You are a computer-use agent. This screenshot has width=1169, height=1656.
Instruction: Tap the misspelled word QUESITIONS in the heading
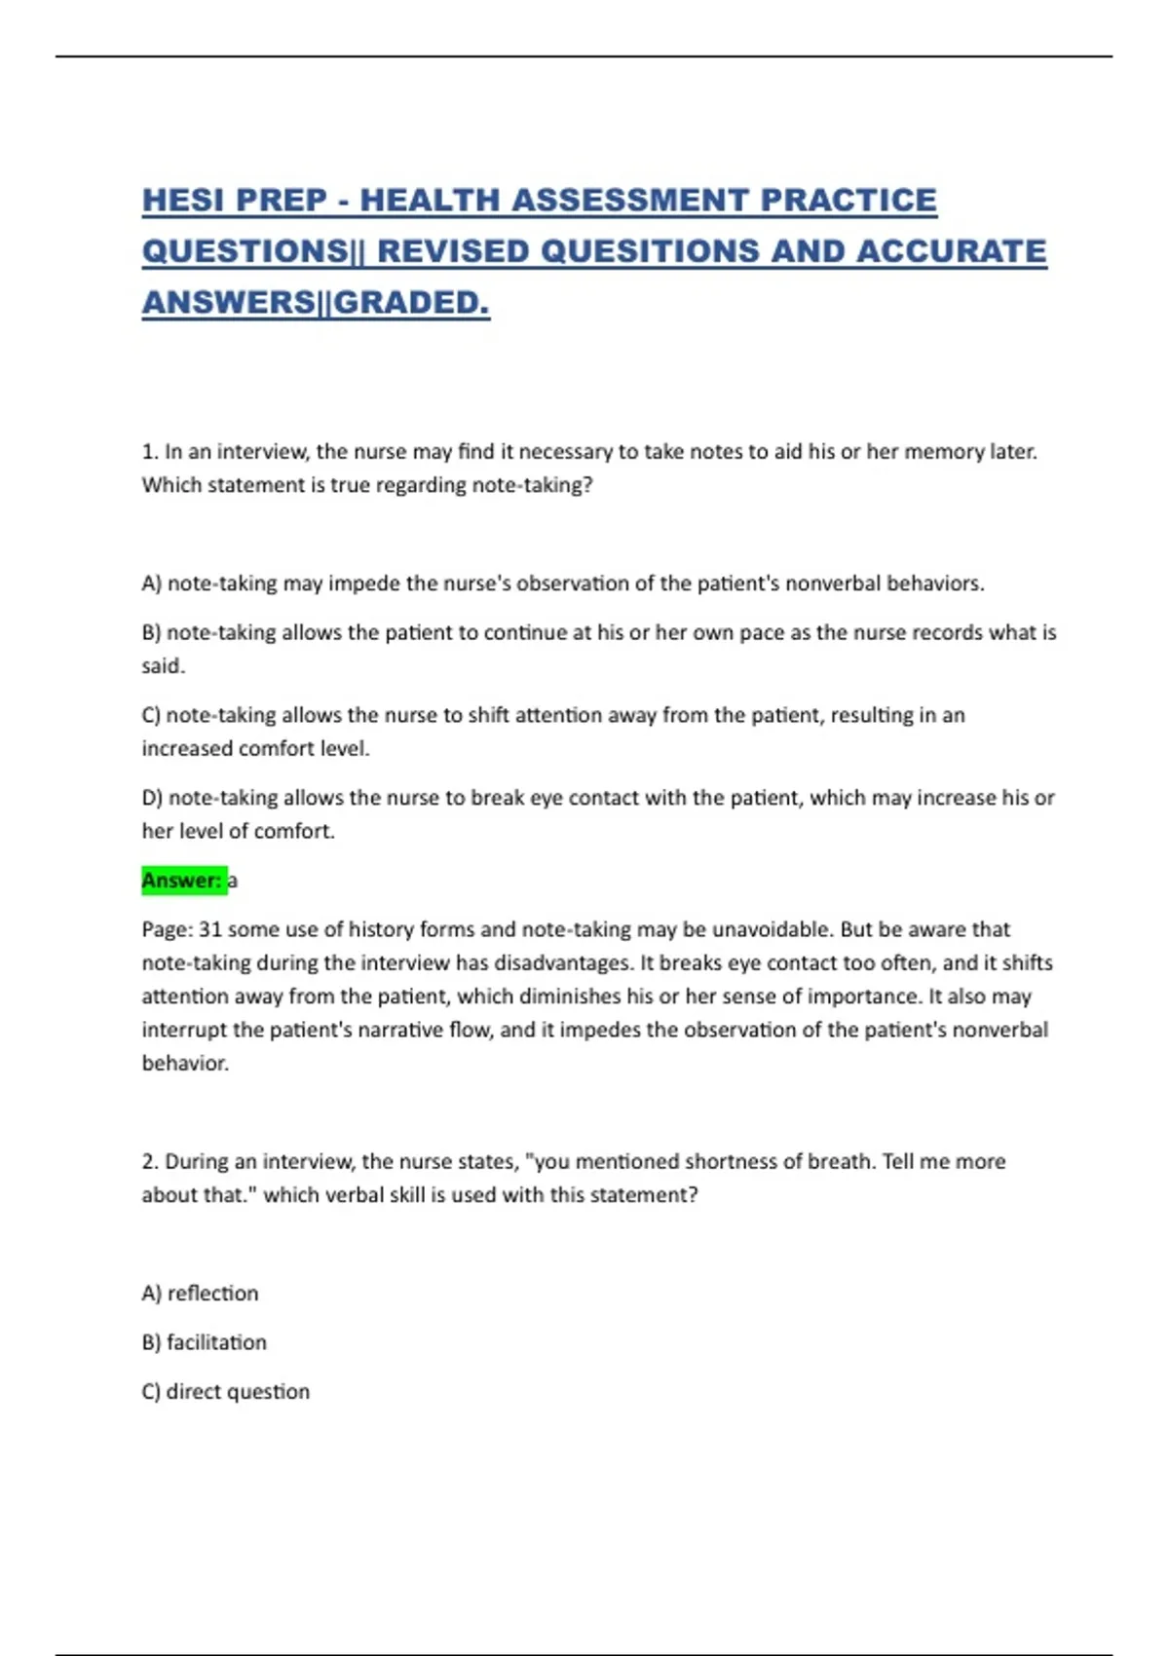(x=649, y=251)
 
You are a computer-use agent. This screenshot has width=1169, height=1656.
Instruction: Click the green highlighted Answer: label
(x=182, y=881)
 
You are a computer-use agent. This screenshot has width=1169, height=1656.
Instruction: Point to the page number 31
(x=209, y=929)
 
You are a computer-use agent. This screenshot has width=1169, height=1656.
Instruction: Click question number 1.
(x=149, y=452)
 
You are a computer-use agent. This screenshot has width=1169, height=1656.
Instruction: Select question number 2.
(x=149, y=1161)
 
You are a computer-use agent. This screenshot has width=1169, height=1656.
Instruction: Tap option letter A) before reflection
(x=151, y=1294)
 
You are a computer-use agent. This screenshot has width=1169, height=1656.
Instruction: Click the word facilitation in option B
(x=216, y=1342)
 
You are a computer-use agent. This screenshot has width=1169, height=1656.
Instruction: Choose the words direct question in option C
(x=238, y=1392)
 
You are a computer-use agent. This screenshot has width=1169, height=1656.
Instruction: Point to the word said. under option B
(x=163, y=666)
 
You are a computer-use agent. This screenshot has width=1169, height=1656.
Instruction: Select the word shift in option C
(x=489, y=715)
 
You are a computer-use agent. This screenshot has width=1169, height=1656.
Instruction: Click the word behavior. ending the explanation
(x=185, y=1064)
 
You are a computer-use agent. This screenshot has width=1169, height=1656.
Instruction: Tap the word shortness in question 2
(x=727, y=1161)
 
